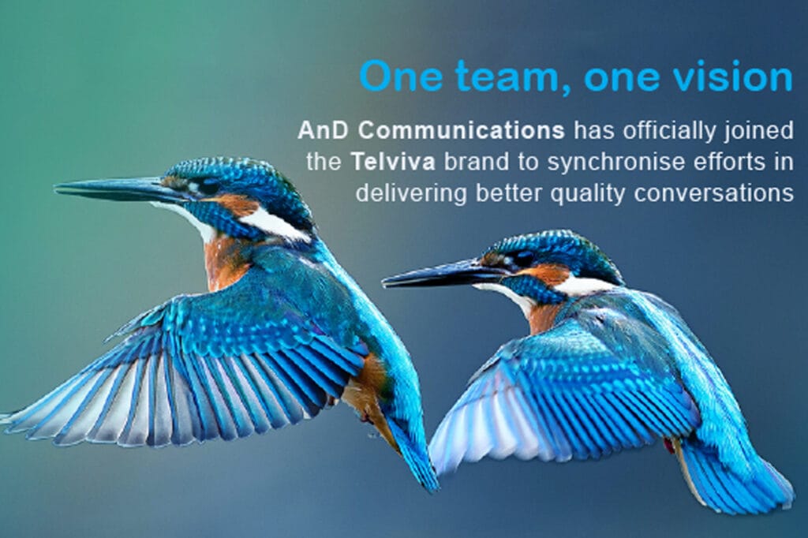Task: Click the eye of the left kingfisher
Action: click(x=210, y=187)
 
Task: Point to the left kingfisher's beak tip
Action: click(x=57, y=188)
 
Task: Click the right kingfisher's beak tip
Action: click(x=385, y=281)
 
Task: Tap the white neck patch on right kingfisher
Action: click(x=584, y=286)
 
